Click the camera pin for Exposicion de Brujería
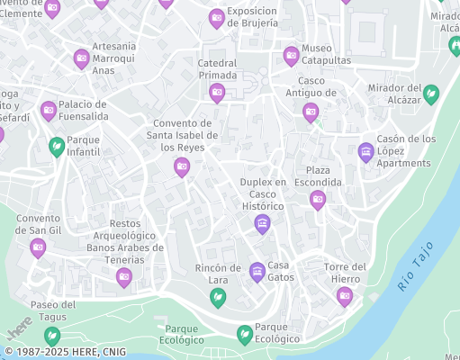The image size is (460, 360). [217, 18]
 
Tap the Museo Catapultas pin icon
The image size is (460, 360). [291, 56]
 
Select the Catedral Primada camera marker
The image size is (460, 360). [217, 93]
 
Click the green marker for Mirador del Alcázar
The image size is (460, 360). [431, 93]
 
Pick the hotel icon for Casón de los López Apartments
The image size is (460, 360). [365, 151]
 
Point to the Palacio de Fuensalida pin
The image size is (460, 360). [49, 111]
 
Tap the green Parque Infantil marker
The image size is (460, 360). [57, 146]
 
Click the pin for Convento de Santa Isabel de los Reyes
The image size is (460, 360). [182, 166]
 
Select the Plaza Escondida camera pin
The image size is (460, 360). [317, 200]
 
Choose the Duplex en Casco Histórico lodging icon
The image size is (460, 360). [262, 224]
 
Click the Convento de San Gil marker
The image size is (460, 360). [38, 247]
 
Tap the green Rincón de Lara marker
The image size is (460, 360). [217, 297]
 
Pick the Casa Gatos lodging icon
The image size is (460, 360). [257, 271]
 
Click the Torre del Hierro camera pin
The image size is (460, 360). [345, 296]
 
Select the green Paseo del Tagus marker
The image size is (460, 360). [53, 336]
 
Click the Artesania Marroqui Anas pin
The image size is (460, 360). [81, 59]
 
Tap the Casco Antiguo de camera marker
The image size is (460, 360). [311, 112]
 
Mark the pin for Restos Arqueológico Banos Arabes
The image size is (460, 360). [124, 277]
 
